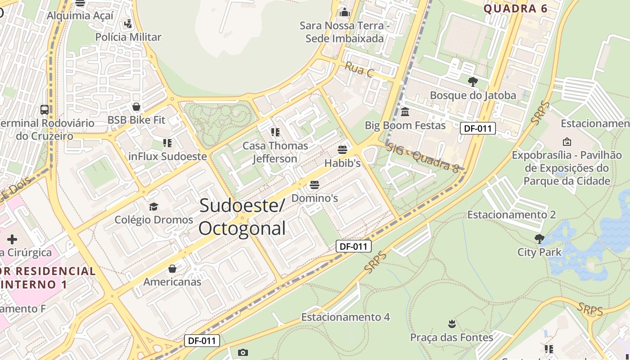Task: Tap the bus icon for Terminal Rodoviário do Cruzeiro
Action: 45,109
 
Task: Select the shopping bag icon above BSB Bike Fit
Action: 136,107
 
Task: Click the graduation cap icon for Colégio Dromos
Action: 153,207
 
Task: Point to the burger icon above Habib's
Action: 342,150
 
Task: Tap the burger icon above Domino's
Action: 314,184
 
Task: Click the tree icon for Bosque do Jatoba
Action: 472,82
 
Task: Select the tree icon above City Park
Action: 539,238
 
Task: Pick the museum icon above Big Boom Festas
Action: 405,112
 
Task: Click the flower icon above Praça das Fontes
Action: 451,324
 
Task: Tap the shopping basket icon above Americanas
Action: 172,269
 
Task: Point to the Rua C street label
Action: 359,69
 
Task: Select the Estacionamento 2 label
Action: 511,215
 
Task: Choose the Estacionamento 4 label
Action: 345,317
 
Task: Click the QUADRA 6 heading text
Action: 515,9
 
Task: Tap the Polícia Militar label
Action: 128,37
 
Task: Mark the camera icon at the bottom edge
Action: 243,352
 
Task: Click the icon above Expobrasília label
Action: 567,142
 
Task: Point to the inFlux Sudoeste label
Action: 167,157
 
